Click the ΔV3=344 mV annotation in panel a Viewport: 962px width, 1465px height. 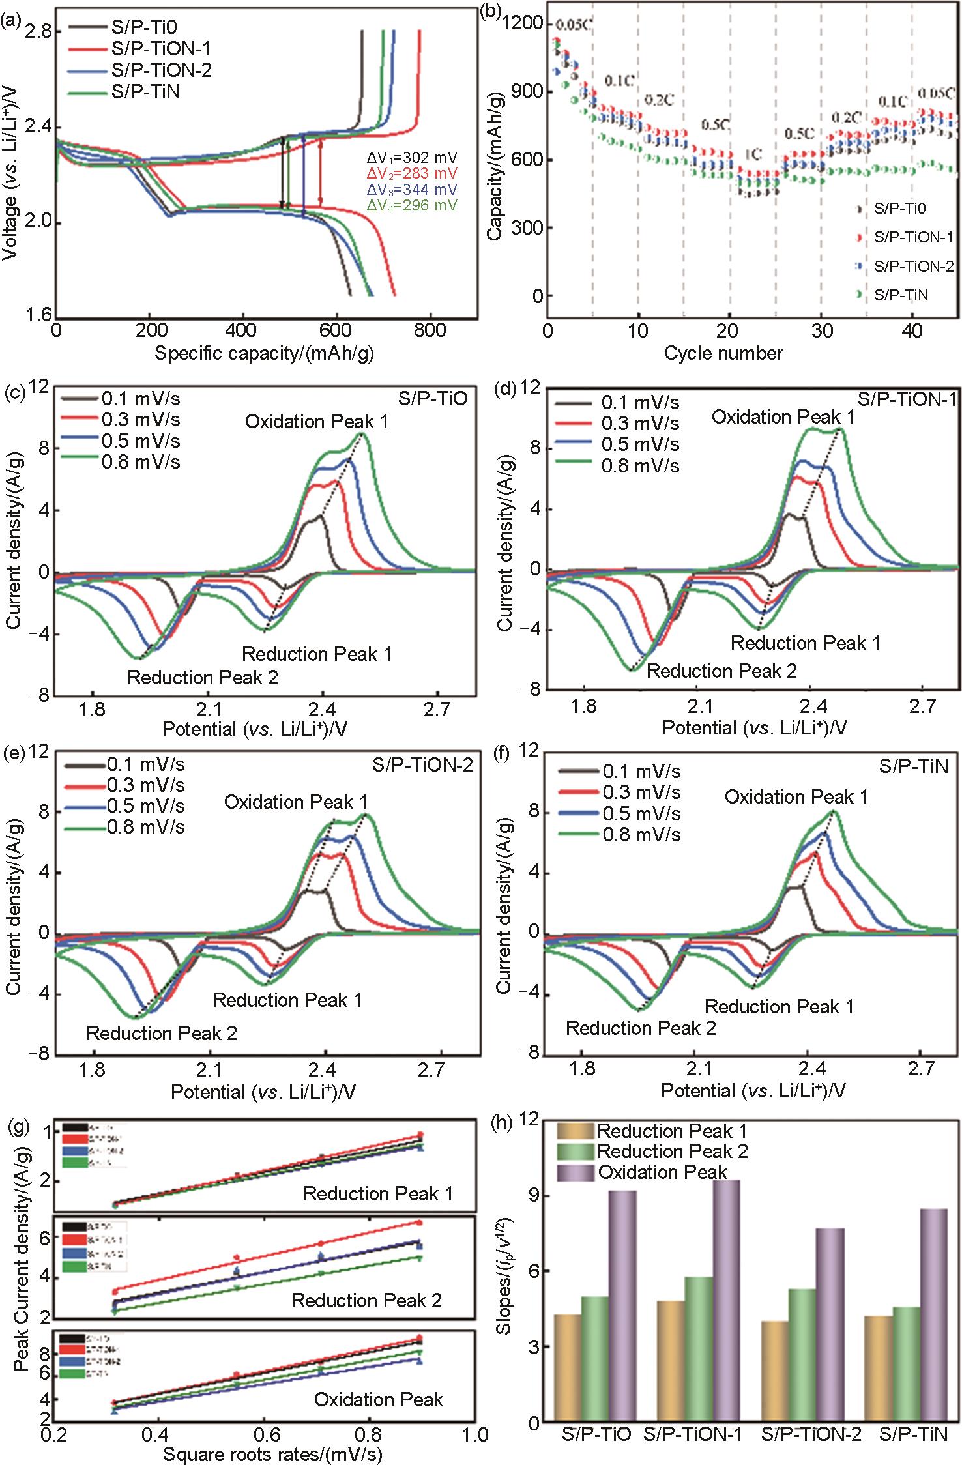coord(411,190)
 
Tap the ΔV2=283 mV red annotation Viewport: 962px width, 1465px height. coord(411,174)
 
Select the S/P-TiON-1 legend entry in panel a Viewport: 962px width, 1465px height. coord(161,49)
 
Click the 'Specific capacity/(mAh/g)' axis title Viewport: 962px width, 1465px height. coord(264,353)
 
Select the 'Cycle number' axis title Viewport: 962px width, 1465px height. coord(723,353)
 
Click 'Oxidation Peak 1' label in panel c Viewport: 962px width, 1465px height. coord(317,422)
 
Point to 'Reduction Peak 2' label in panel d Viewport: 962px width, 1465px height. coord(721,671)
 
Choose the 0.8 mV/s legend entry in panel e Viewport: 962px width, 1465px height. coord(145,827)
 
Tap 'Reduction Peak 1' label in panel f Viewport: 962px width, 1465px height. coord(779,1007)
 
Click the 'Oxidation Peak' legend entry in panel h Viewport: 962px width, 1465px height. coord(662,1172)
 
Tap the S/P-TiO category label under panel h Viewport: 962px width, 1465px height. coord(596,1434)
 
